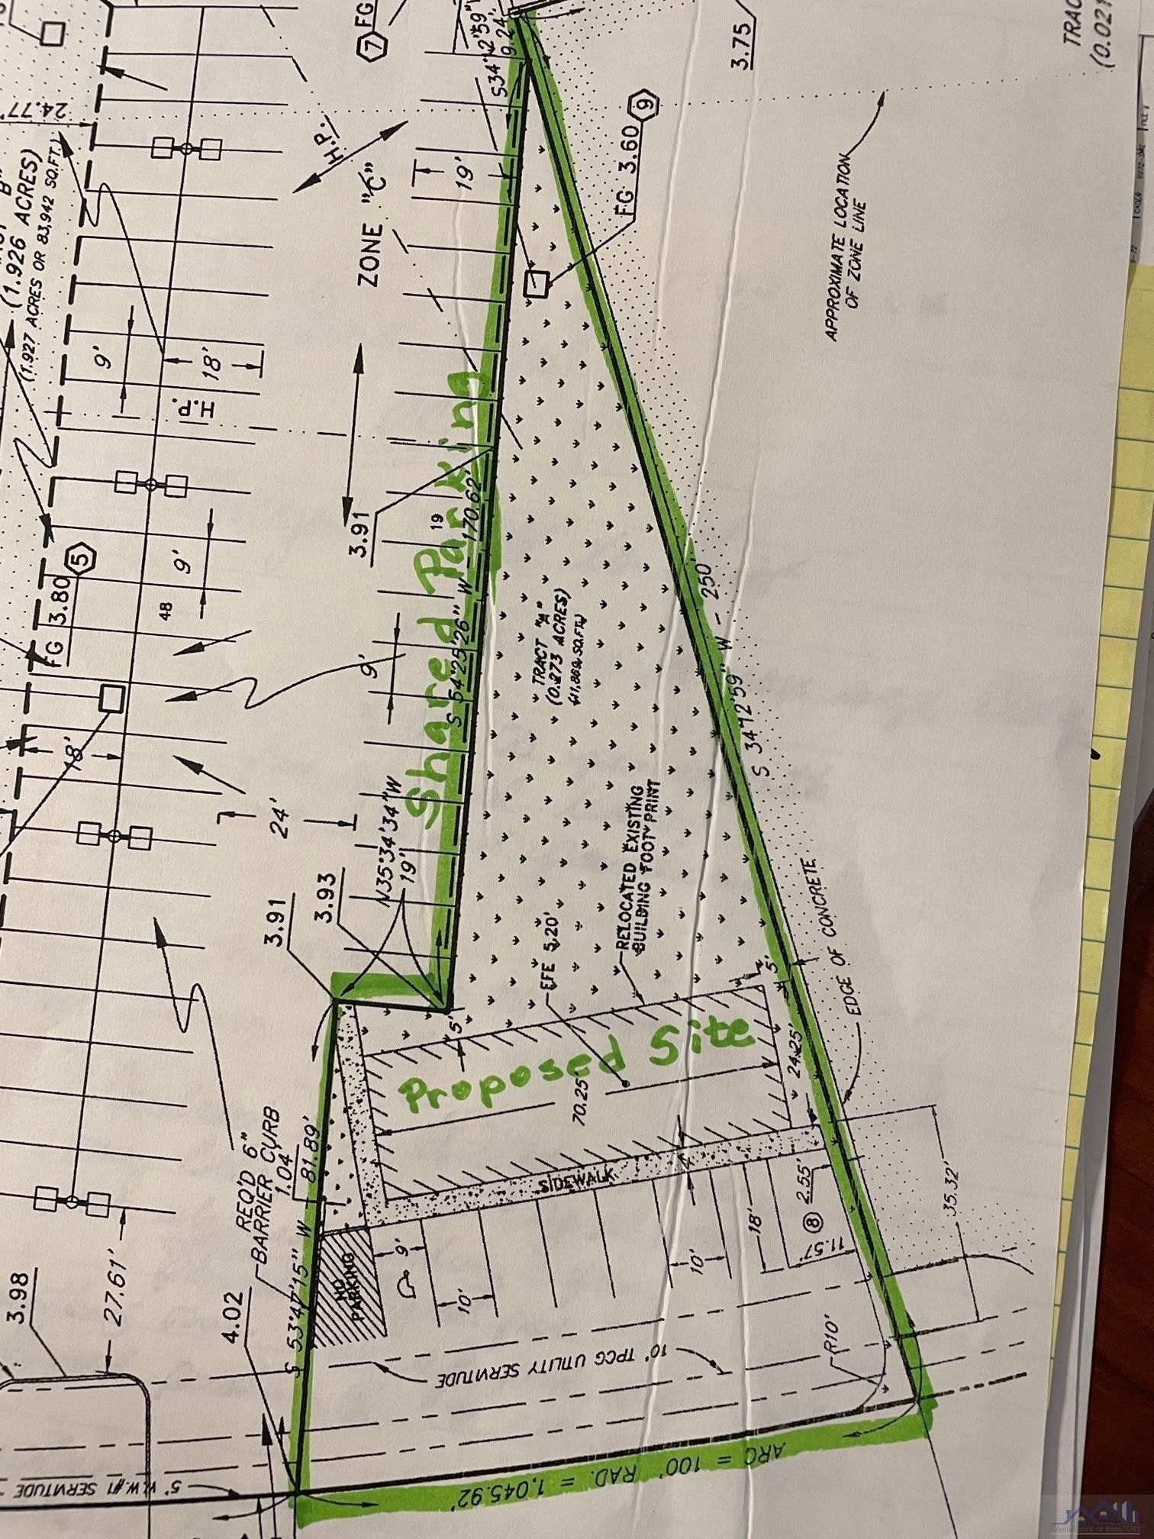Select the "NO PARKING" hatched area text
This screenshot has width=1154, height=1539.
pos(353,1289)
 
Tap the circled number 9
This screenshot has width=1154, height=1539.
pos(642,103)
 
